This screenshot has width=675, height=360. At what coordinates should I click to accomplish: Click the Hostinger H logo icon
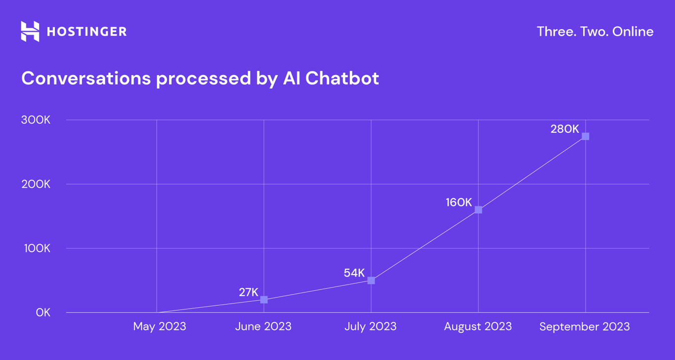point(30,32)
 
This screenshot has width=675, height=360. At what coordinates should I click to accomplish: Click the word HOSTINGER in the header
point(86,32)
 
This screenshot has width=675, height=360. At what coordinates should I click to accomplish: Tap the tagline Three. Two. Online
point(595,32)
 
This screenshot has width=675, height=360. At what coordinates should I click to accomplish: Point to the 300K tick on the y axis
point(36,120)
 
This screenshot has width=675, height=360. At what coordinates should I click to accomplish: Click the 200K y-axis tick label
point(36,184)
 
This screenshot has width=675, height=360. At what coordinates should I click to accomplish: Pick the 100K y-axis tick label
point(37,248)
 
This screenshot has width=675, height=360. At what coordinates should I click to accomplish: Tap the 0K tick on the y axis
point(43,313)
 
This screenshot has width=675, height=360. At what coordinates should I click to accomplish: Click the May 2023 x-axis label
point(160,326)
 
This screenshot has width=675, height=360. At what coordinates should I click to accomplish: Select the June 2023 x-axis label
point(263,326)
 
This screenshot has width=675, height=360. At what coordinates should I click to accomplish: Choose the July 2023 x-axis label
point(371,326)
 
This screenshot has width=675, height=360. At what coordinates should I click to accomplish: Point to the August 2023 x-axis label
point(478,326)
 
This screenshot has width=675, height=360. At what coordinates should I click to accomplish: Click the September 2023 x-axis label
point(585,326)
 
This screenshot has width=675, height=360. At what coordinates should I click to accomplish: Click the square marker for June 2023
point(264,300)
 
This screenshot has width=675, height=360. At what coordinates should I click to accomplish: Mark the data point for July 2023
point(371,280)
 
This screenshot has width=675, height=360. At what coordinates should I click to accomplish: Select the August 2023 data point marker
point(478,210)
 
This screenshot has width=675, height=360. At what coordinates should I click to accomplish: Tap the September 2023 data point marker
point(586,136)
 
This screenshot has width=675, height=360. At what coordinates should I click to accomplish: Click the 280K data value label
point(565,129)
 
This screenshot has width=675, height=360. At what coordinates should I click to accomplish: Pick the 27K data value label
point(249,292)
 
